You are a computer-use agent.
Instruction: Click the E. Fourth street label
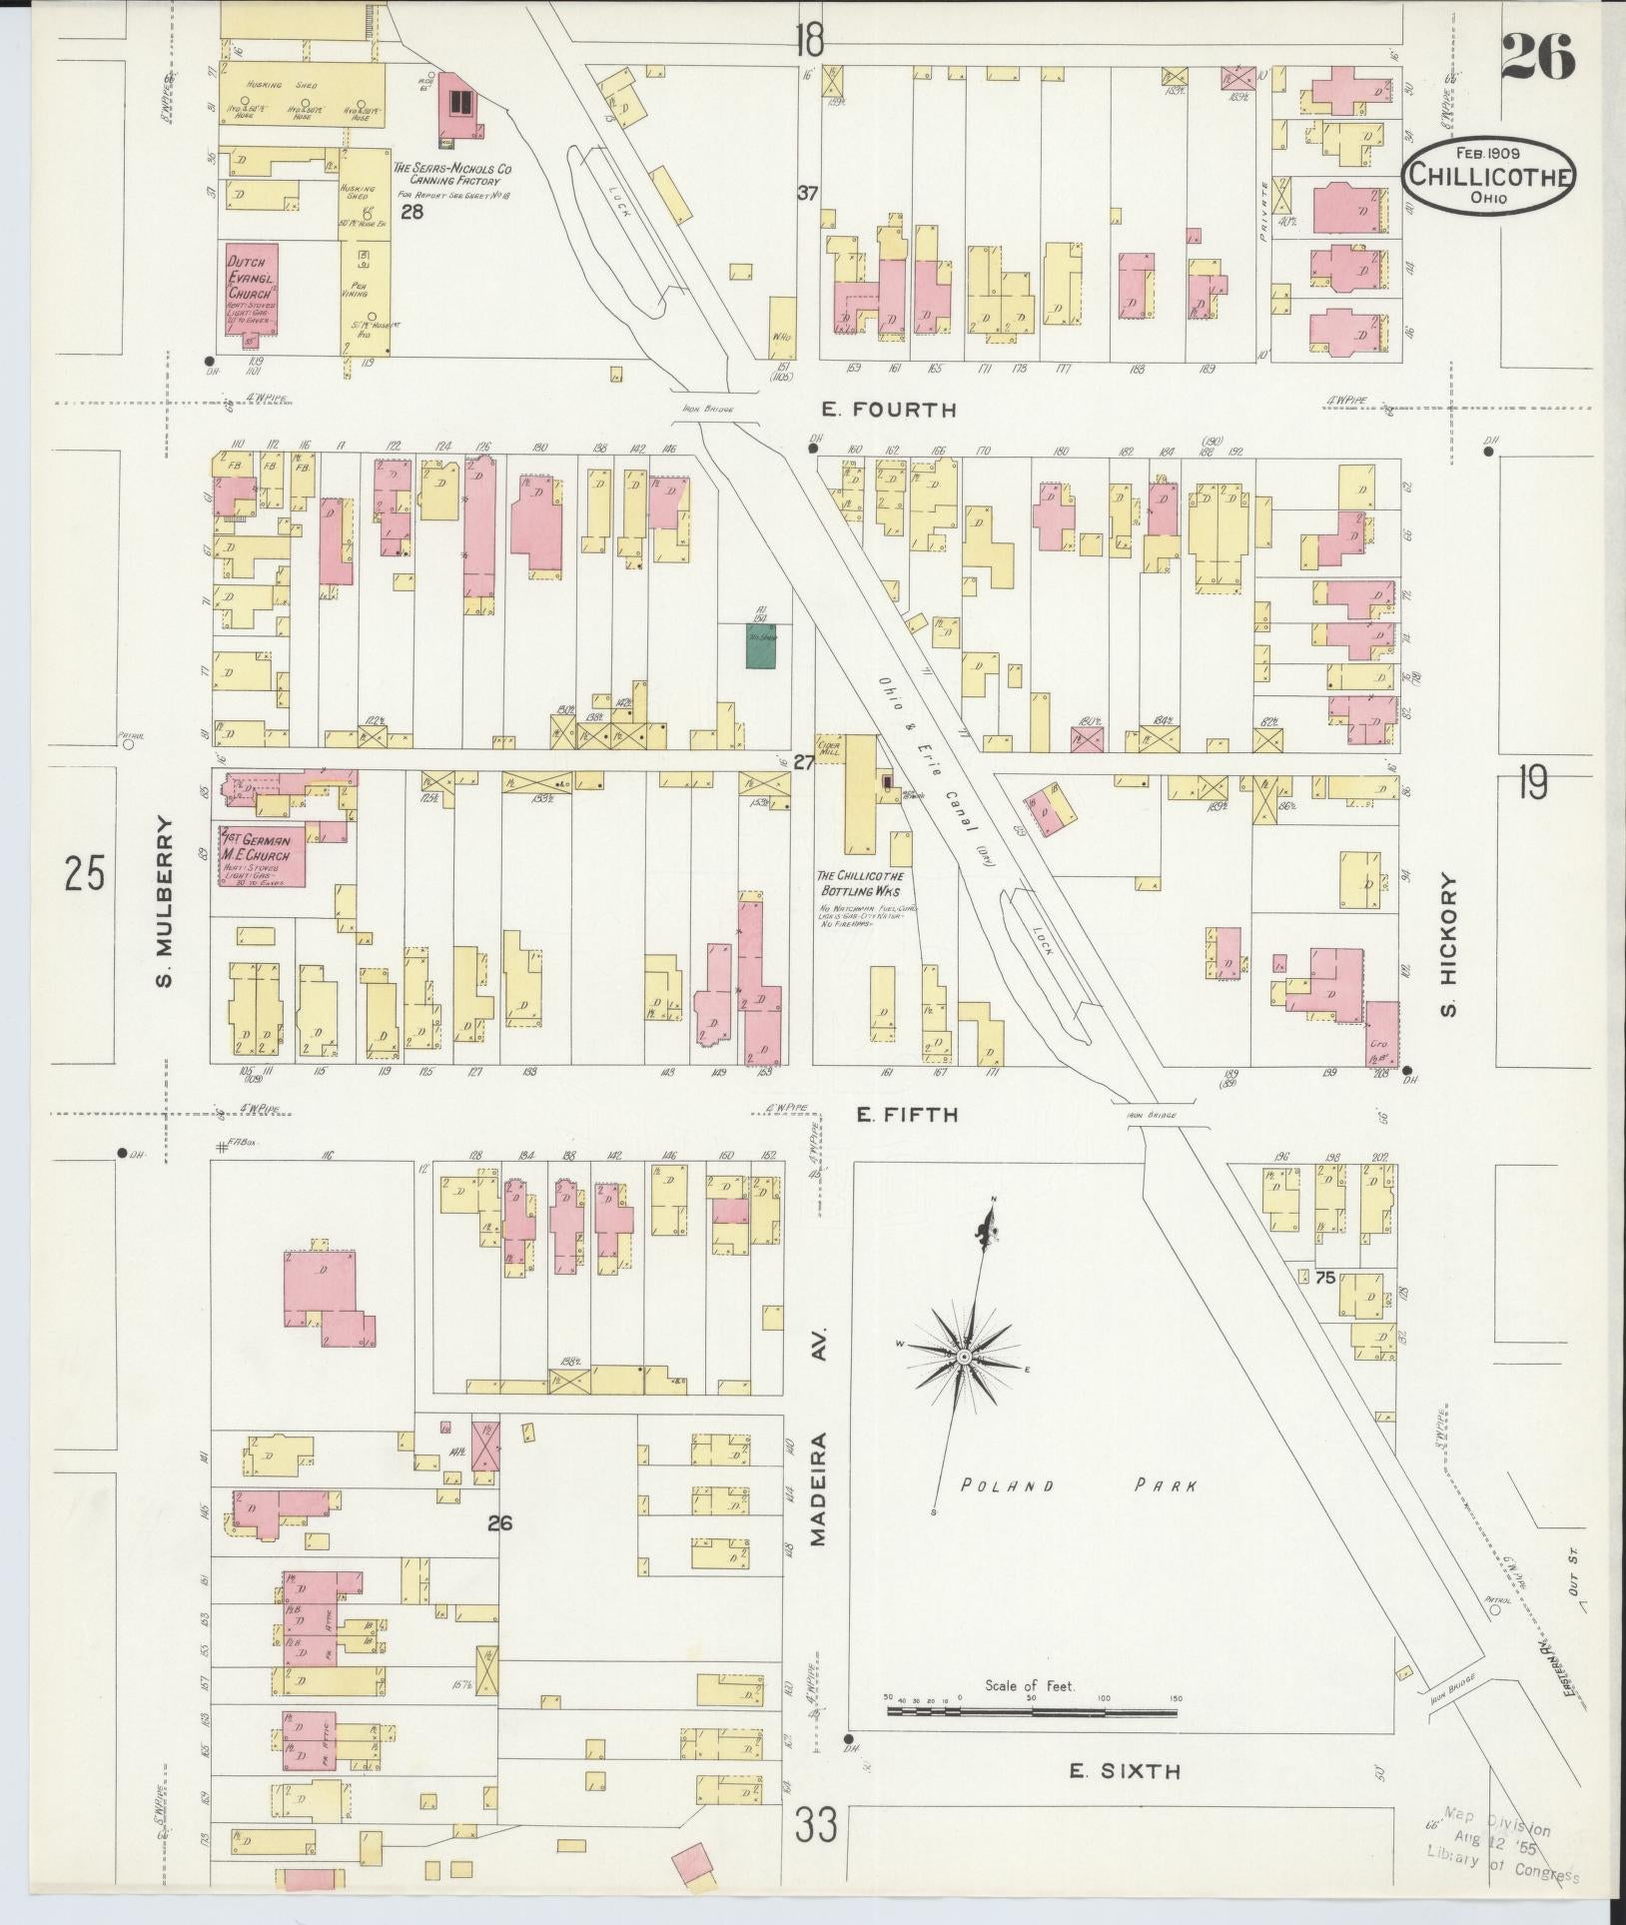click(888, 410)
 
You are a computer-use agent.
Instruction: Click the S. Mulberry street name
click(165, 902)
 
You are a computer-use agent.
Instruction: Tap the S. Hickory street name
click(1450, 947)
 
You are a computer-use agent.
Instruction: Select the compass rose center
click(964, 1358)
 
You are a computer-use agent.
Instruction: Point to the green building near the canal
click(762, 647)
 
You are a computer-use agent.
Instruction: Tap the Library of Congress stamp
click(1501, 1857)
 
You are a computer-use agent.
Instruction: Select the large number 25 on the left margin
click(84, 874)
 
